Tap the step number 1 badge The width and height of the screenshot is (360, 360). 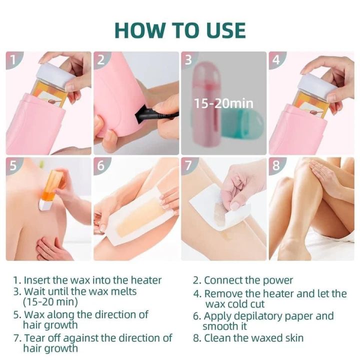14,60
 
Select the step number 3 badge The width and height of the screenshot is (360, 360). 188,60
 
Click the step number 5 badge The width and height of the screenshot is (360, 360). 14,166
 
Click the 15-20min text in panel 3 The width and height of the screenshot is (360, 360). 223,103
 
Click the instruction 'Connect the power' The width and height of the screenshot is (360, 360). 248,280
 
